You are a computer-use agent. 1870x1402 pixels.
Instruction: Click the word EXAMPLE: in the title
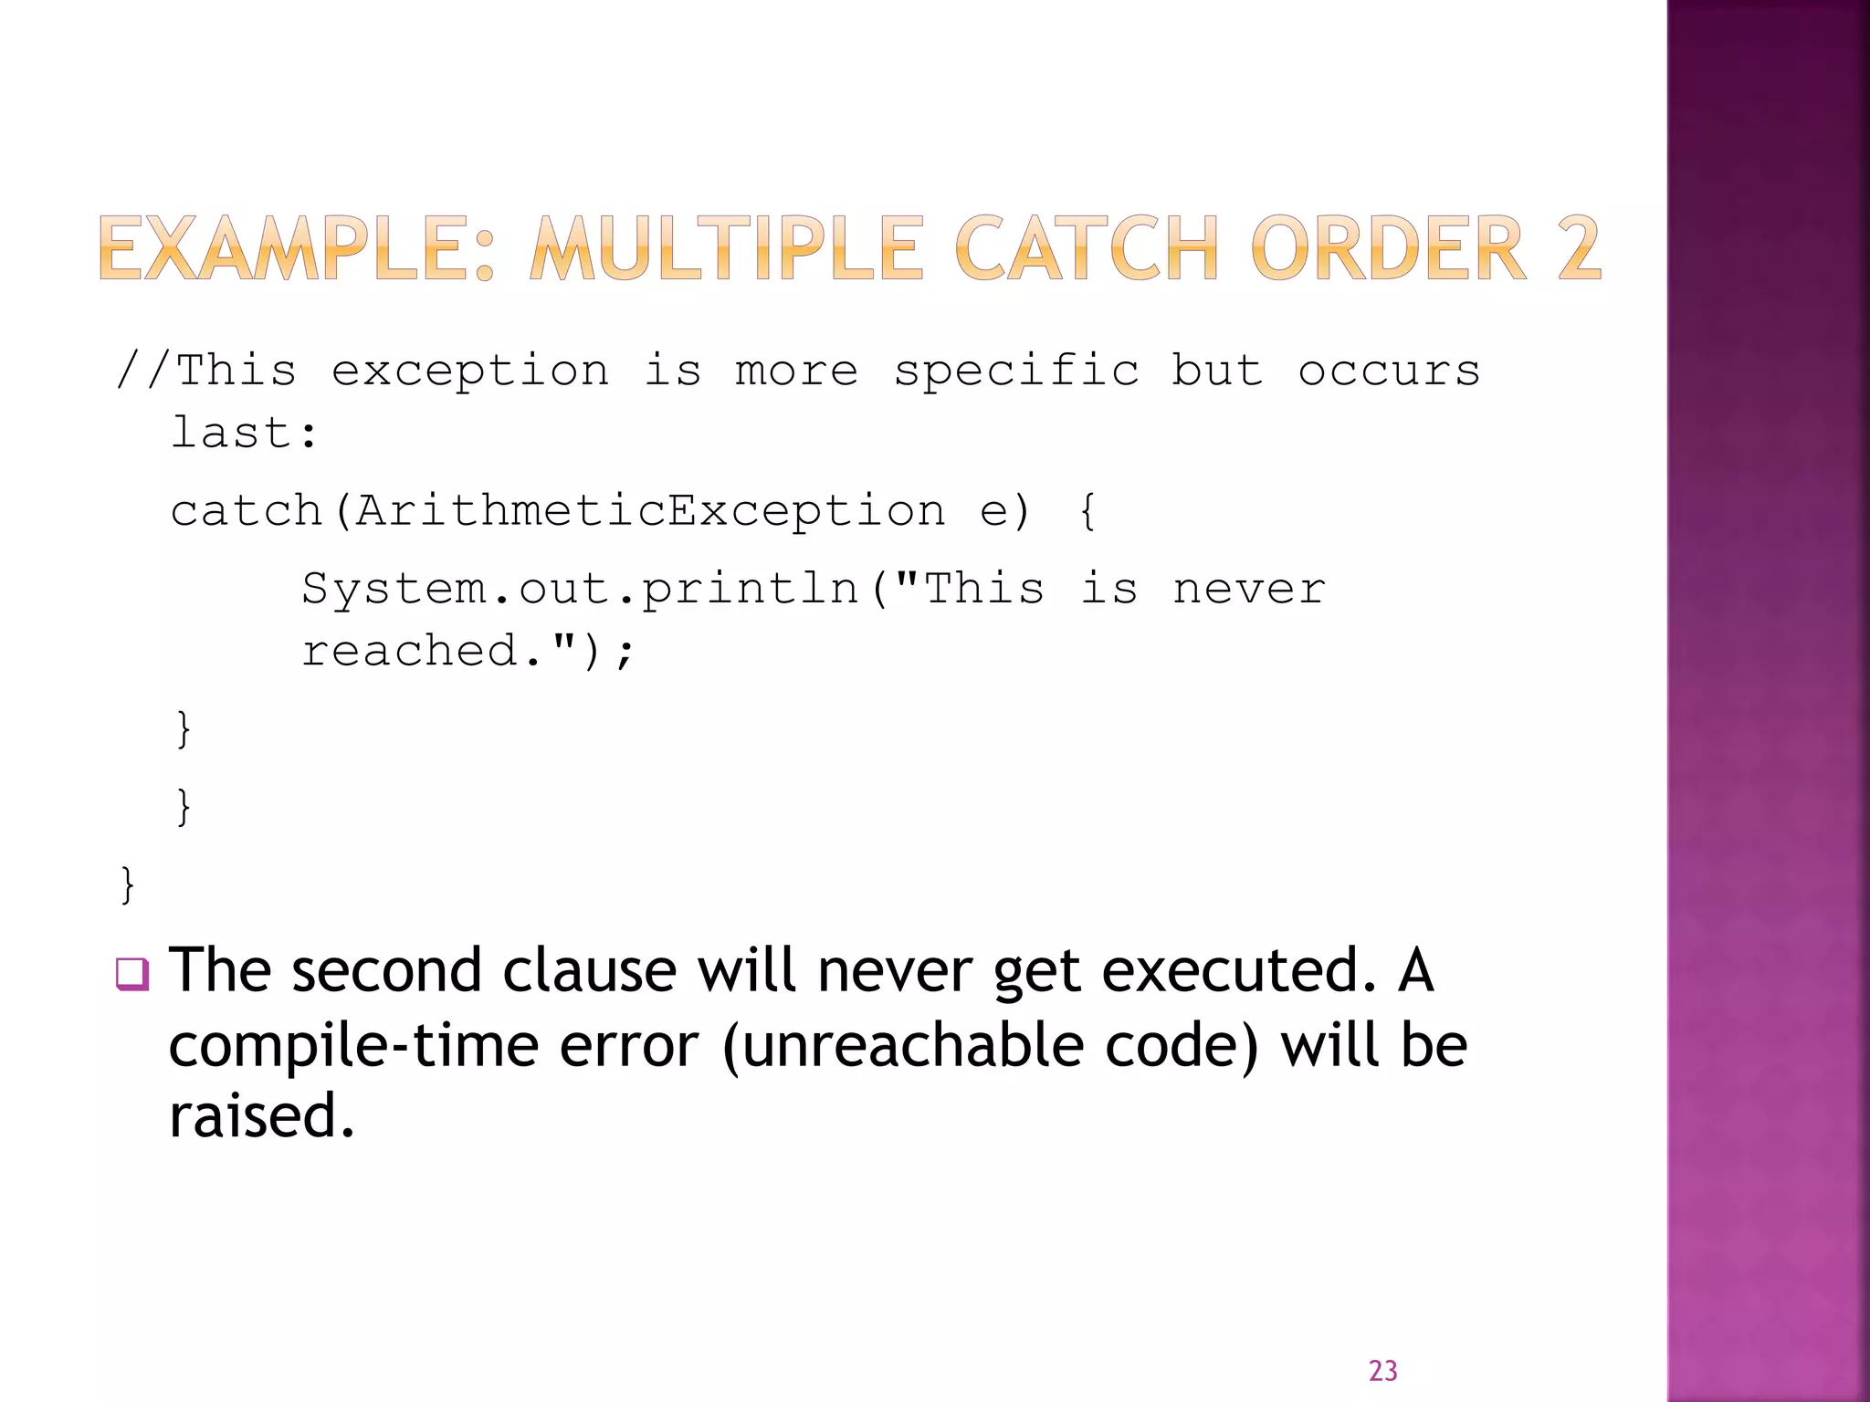click(297, 248)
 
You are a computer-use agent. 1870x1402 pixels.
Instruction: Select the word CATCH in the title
click(1087, 248)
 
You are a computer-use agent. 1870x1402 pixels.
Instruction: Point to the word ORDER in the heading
click(1389, 248)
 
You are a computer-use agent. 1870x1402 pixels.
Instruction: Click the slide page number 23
click(1382, 1371)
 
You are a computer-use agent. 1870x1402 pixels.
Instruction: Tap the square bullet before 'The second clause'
click(132, 974)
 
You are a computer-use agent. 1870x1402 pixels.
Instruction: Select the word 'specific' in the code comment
click(1016, 371)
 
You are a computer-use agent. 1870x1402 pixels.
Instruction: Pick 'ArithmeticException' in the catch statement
click(650, 510)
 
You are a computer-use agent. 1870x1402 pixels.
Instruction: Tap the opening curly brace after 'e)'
click(1087, 510)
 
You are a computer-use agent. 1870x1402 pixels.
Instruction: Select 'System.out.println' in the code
click(581, 589)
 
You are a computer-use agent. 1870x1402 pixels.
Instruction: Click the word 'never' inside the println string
click(1248, 589)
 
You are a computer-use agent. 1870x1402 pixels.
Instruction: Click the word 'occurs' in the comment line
click(1389, 371)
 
